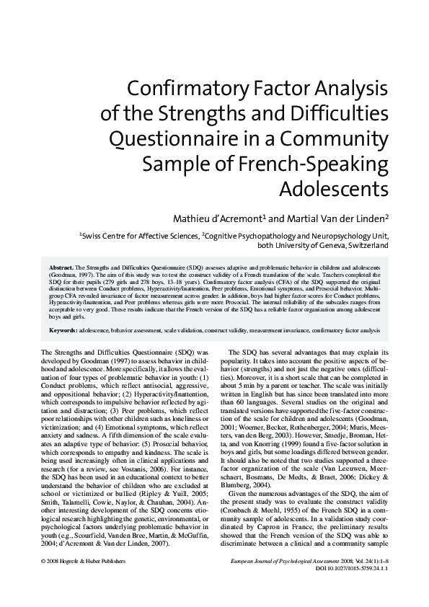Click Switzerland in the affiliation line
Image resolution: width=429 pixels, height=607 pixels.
tap(366, 245)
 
